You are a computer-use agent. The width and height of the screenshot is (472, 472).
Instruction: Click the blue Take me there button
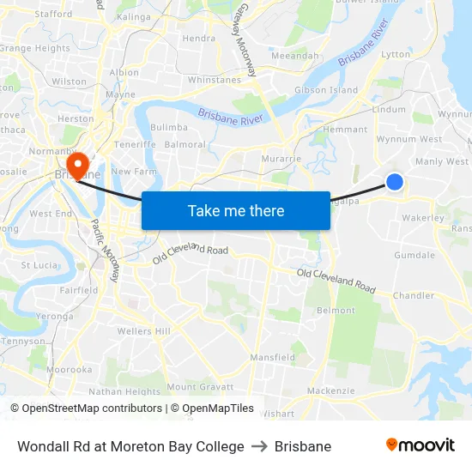pos(236,210)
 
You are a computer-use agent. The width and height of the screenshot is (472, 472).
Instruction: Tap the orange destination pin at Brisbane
pos(77,164)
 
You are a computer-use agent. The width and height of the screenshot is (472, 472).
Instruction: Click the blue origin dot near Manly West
pos(395,181)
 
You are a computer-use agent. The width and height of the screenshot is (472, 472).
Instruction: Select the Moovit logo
pos(421,445)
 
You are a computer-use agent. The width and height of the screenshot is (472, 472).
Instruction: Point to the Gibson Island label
pos(326,90)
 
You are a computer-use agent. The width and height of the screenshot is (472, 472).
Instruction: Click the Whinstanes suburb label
pos(214,80)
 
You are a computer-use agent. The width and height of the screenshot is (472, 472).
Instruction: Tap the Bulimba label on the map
pos(168,127)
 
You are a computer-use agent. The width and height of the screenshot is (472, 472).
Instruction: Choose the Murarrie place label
pos(282,159)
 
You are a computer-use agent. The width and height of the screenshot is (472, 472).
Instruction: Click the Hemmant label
pos(345,130)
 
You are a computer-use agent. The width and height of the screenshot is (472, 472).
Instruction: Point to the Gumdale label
pos(415,256)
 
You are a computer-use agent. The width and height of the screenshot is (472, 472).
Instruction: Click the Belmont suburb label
pos(336,311)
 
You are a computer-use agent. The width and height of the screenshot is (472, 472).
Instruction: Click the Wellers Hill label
pos(144,331)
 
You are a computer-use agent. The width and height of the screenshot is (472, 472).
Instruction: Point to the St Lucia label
pos(39,265)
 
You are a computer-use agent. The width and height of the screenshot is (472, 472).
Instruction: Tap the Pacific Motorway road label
pos(105,250)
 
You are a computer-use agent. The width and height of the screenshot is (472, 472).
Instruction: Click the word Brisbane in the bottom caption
pos(303,446)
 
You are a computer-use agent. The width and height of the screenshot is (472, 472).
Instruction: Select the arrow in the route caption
pos(259,446)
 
